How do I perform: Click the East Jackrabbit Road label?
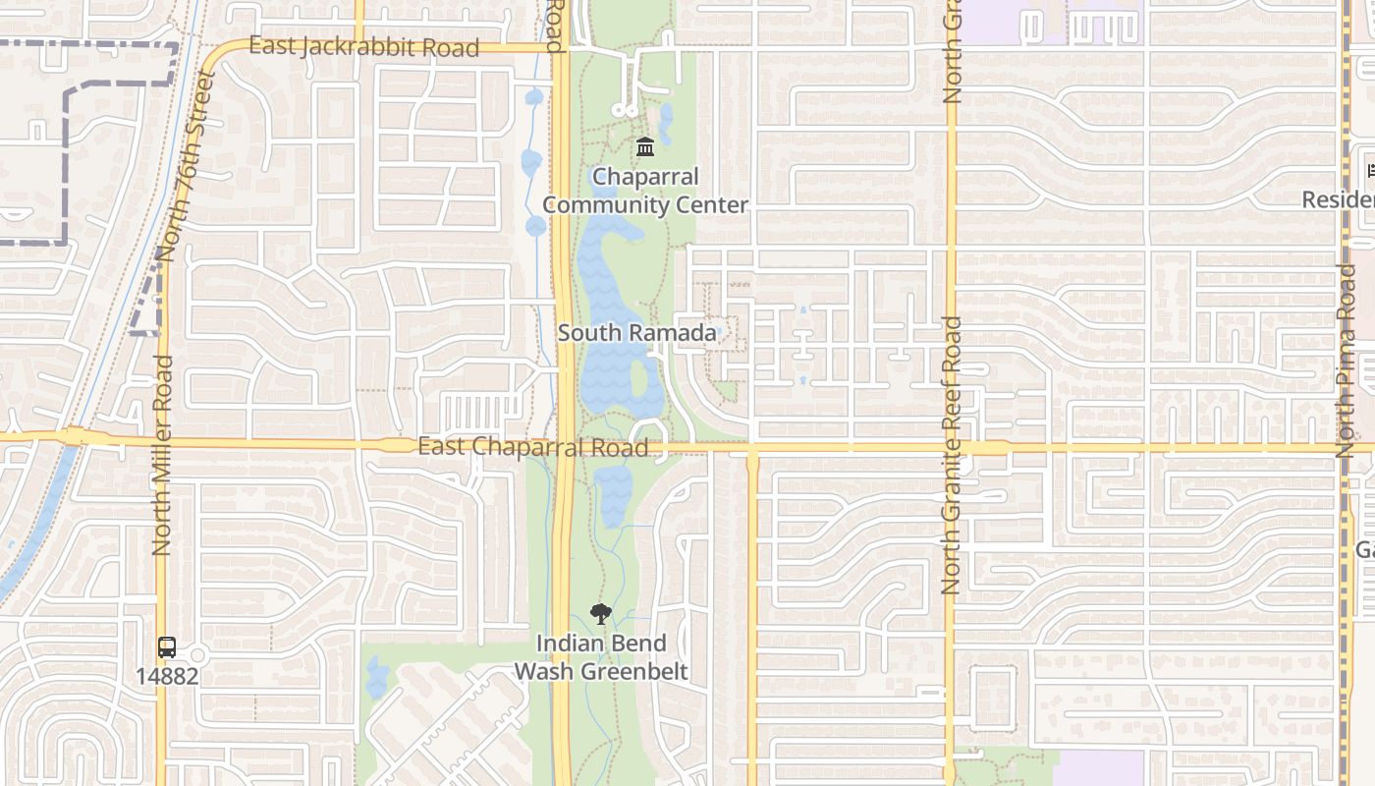363,46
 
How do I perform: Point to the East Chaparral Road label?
532,447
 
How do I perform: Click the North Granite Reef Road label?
950,455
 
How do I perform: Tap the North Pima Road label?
1347,360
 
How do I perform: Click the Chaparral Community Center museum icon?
645,147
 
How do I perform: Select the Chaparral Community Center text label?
645,191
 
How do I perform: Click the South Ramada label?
637,333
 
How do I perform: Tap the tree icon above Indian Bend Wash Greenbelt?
600,615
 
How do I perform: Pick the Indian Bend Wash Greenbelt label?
601,657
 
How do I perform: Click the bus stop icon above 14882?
167,647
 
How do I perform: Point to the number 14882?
167,676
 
